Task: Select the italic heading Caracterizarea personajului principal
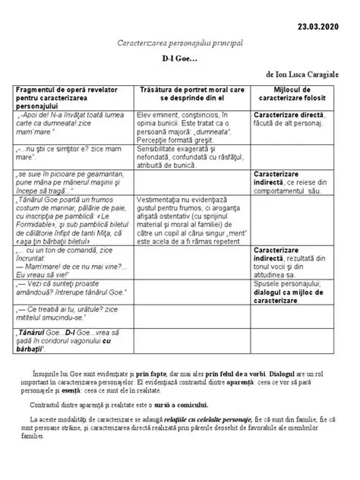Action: pyautogui.click(x=179, y=44)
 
